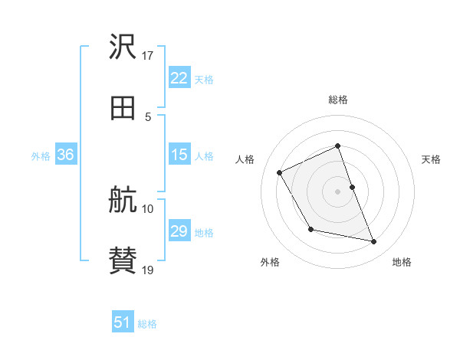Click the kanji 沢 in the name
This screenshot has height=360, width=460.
pyautogui.click(x=123, y=47)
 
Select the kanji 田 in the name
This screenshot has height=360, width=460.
pyautogui.click(x=123, y=109)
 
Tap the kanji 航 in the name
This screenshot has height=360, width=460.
pyautogui.click(x=123, y=201)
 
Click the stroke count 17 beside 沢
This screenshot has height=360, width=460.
pyautogui.click(x=148, y=55)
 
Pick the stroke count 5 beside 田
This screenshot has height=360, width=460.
pyautogui.click(x=148, y=116)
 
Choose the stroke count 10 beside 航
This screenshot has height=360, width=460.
pyautogui.click(x=148, y=208)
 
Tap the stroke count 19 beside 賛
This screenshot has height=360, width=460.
pyautogui.click(x=148, y=270)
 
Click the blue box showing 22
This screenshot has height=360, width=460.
pyautogui.click(x=179, y=78)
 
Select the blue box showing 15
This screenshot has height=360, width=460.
pyautogui.click(x=179, y=155)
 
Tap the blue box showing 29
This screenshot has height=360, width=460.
pyautogui.click(x=179, y=231)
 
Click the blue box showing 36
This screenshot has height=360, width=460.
pyautogui.click(x=65, y=155)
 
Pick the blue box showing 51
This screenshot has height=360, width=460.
pyautogui.click(x=123, y=323)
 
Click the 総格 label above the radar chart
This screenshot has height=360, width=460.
pyautogui.click(x=338, y=100)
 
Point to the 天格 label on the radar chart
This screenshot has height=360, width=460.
pyautogui.click(x=431, y=159)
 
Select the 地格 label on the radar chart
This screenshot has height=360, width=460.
pyautogui.click(x=402, y=263)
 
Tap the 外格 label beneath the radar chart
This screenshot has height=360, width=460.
pyautogui.click(x=270, y=263)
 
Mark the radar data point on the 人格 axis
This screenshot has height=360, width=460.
pyautogui.click(x=280, y=172)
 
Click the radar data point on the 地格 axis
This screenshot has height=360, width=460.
pyautogui.click(x=374, y=242)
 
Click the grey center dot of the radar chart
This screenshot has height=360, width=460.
pyautogui.click(x=338, y=191)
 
